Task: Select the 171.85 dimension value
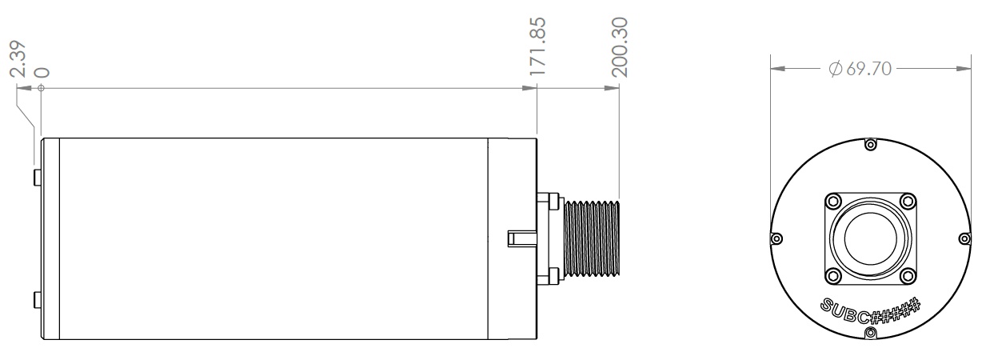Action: click(x=537, y=46)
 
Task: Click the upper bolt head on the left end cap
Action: click(x=37, y=177)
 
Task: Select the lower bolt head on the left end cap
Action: click(x=37, y=302)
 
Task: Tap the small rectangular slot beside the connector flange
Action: click(x=521, y=238)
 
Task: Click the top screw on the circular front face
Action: click(x=871, y=144)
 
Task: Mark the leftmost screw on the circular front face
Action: click(x=776, y=238)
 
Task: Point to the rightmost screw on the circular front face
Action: click(x=964, y=238)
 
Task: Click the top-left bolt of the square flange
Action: click(x=833, y=200)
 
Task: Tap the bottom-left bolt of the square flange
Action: click(x=833, y=276)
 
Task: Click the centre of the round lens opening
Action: click(x=871, y=238)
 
